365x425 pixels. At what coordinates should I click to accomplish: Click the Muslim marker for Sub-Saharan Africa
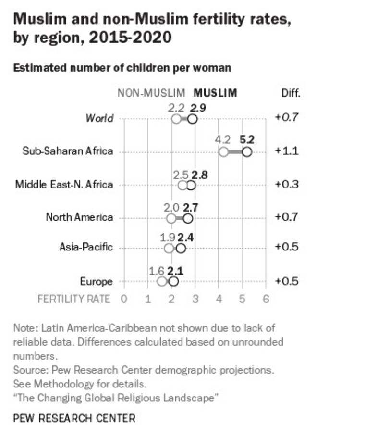pos(247,152)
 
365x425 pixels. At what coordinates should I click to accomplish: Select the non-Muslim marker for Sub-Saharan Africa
pos(223,152)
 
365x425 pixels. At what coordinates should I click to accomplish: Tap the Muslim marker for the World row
pos(192,119)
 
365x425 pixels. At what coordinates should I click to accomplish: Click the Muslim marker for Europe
pos(173,282)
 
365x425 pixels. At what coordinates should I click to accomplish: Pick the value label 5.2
pos(246,140)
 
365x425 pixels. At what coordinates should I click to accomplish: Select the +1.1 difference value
pos(287,151)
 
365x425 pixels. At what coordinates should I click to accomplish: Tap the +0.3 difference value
pos(287,184)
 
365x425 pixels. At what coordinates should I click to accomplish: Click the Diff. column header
pos(290,93)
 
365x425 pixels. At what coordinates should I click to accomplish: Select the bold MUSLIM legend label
pos(215,93)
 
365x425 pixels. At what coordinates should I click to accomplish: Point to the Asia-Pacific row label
pos(86,247)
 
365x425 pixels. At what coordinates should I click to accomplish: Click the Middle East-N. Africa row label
pos(64,184)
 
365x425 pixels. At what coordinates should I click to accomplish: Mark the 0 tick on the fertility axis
pos(124,299)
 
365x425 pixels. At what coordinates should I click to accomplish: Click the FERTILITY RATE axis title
pos(74,299)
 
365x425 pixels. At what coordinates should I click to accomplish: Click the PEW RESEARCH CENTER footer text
pos(74,418)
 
